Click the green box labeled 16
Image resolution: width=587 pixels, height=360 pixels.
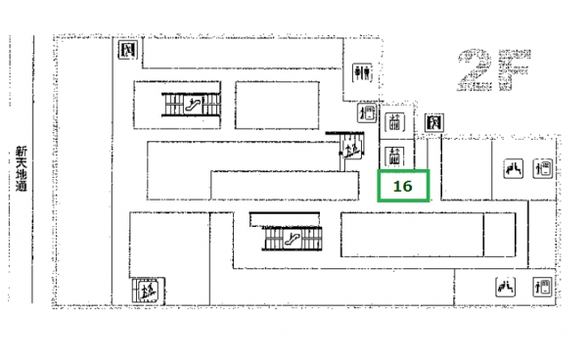pyautogui.click(x=403, y=186)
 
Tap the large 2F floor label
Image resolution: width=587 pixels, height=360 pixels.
pyautogui.click(x=493, y=70)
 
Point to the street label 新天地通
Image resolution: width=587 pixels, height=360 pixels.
pyautogui.click(x=22, y=169)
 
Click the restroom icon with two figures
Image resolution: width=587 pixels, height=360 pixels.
pyautogui.click(x=362, y=72)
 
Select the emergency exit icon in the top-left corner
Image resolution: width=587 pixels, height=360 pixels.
pyautogui.click(x=128, y=50)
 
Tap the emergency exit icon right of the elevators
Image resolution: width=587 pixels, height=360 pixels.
pyautogui.click(x=434, y=122)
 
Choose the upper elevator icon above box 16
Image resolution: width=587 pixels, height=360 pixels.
pyautogui.click(x=394, y=122)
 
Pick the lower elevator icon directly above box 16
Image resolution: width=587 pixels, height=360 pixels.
pyautogui.click(x=394, y=157)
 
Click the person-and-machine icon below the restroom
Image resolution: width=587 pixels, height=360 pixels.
pyautogui.click(x=367, y=112)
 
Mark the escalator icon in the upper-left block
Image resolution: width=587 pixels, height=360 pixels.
pyautogui.click(x=193, y=105)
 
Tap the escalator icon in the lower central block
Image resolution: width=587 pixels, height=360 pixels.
pyautogui.click(x=293, y=239)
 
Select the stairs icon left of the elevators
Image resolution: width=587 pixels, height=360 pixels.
pyautogui.click(x=351, y=148)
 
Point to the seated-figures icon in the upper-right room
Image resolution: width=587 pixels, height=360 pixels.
pyautogui.click(x=514, y=168)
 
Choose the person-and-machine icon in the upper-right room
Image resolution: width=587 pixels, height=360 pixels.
pyautogui.click(x=543, y=168)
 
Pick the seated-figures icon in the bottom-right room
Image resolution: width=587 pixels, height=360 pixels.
pyautogui.click(x=505, y=287)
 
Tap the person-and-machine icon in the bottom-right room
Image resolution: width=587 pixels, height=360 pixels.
pyautogui.click(x=542, y=287)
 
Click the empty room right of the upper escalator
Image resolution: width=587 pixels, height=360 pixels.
pyautogui.click(x=277, y=105)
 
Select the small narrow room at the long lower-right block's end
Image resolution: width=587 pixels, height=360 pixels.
pyautogui.click(x=500, y=235)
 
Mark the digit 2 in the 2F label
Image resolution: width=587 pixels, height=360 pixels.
pyautogui.click(x=474, y=70)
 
